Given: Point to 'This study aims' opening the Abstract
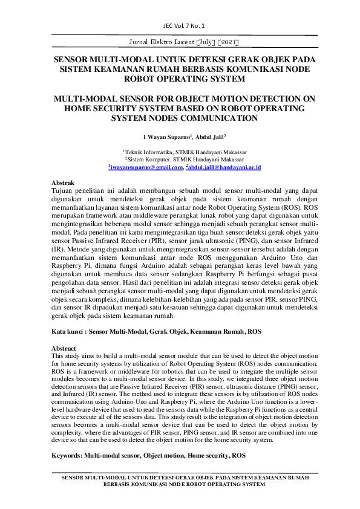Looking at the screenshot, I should coord(72,356).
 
